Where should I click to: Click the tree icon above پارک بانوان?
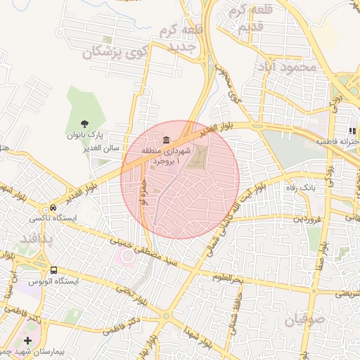point(85,123)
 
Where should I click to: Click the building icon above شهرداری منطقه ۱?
point(165,139)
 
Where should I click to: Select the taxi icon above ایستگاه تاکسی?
point(53,209)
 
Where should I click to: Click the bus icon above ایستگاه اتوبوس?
point(53,270)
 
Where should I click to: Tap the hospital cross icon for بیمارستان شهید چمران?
point(27,340)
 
